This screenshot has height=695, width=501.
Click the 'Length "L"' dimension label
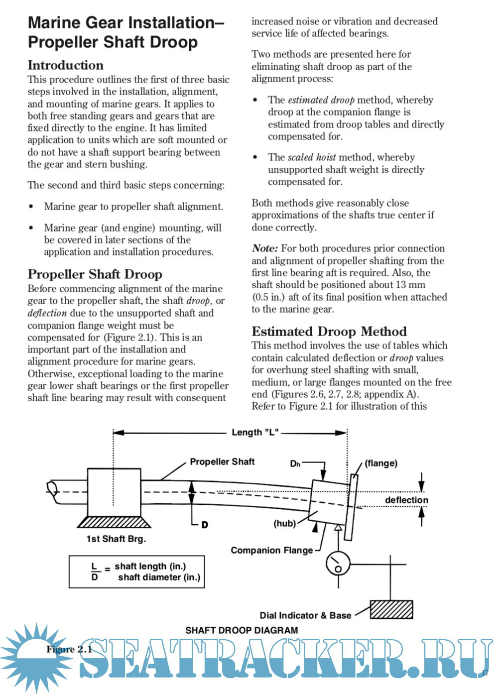tap(254, 433)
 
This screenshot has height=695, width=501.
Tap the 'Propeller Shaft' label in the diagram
tap(222, 462)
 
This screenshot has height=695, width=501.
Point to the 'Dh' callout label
tap(295, 464)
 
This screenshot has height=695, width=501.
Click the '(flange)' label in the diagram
tap(381, 463)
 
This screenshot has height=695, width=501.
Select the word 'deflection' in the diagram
tap(406, 500)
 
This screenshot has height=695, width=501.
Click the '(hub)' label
tap(284, 523)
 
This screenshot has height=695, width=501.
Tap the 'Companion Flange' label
tap(272, 550)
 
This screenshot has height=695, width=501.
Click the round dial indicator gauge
tap(338, 563)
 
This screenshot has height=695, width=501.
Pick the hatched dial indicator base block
tap(391, 609)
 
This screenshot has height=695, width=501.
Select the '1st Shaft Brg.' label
tap(116, 539)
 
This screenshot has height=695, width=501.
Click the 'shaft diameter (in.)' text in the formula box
tap(159, 578)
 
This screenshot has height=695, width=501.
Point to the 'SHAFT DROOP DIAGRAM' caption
tap(242, 630)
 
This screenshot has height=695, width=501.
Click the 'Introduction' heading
tap(66, 65)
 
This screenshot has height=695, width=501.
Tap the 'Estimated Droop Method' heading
tap(329, 332)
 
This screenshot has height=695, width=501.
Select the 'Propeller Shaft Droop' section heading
tap(95, 274)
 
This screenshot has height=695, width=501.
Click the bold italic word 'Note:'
tap(264, 248)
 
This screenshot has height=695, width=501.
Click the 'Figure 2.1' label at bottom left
tap(69, 649)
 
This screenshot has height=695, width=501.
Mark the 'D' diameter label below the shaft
tap(205, 525)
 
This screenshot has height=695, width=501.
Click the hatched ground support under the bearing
tap(114, 522)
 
